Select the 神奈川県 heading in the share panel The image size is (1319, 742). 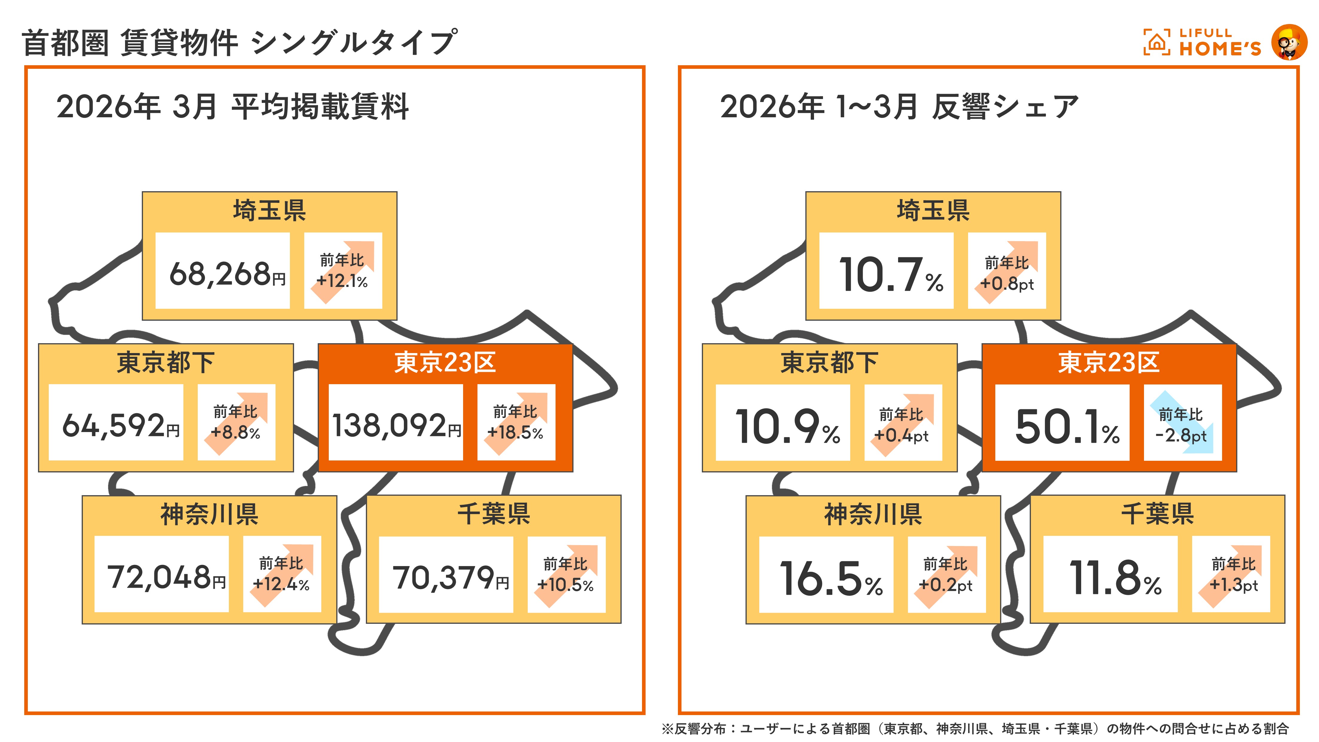coord(873,514)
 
